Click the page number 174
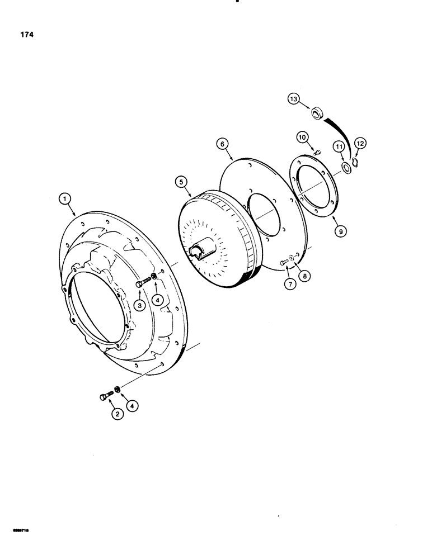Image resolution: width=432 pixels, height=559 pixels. coord(26,35)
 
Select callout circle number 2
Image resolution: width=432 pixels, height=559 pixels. coord(118,414)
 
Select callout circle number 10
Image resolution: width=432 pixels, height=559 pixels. coord(302,136)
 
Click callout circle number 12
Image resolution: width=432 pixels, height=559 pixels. coord(360,144)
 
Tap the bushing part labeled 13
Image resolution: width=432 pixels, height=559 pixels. coord(318,114)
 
